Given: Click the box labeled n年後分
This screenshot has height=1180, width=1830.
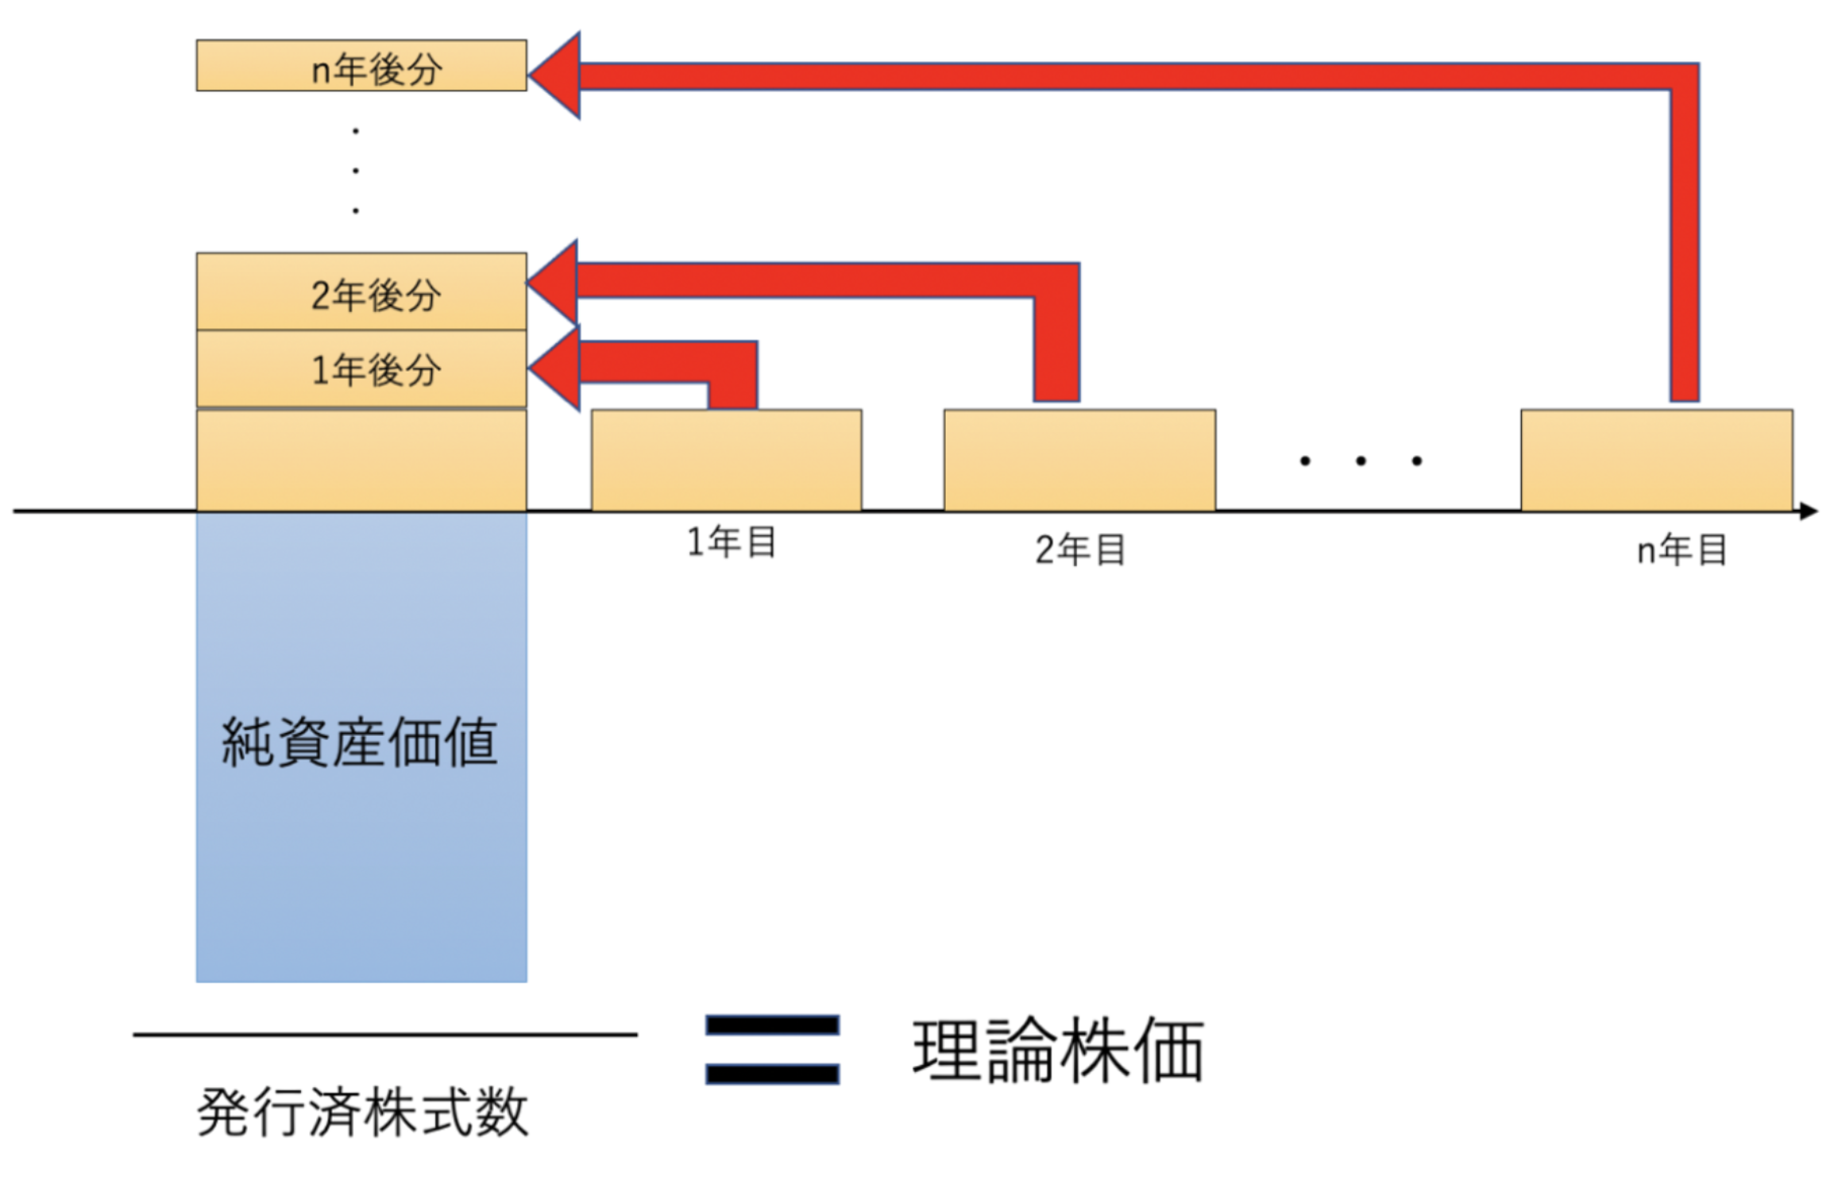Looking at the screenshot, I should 361,65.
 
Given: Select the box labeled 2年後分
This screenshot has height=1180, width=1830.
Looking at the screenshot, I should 361,291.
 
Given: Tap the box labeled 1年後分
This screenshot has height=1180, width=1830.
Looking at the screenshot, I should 361,369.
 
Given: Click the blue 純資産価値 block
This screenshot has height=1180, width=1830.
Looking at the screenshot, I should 361,746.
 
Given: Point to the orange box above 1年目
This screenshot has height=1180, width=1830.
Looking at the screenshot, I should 726,460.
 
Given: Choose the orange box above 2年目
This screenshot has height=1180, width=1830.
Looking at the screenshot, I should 1079,460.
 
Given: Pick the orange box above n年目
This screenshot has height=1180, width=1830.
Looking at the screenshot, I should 1657,460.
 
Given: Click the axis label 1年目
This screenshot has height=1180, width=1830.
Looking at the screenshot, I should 732,543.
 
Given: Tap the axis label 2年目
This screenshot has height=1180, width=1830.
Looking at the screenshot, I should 1080,550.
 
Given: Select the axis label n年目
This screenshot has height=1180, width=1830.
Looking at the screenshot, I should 1682,550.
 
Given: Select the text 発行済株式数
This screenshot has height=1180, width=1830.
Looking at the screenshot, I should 362,1112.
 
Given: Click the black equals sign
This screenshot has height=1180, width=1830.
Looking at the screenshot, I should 772,1049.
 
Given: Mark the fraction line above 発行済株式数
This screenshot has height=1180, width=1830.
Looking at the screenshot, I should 385,1035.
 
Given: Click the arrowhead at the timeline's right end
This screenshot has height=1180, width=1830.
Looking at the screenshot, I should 1809,511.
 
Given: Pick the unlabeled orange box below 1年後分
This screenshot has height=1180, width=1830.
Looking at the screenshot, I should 361,460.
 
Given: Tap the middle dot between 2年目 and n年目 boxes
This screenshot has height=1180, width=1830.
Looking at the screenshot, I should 1361,461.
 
